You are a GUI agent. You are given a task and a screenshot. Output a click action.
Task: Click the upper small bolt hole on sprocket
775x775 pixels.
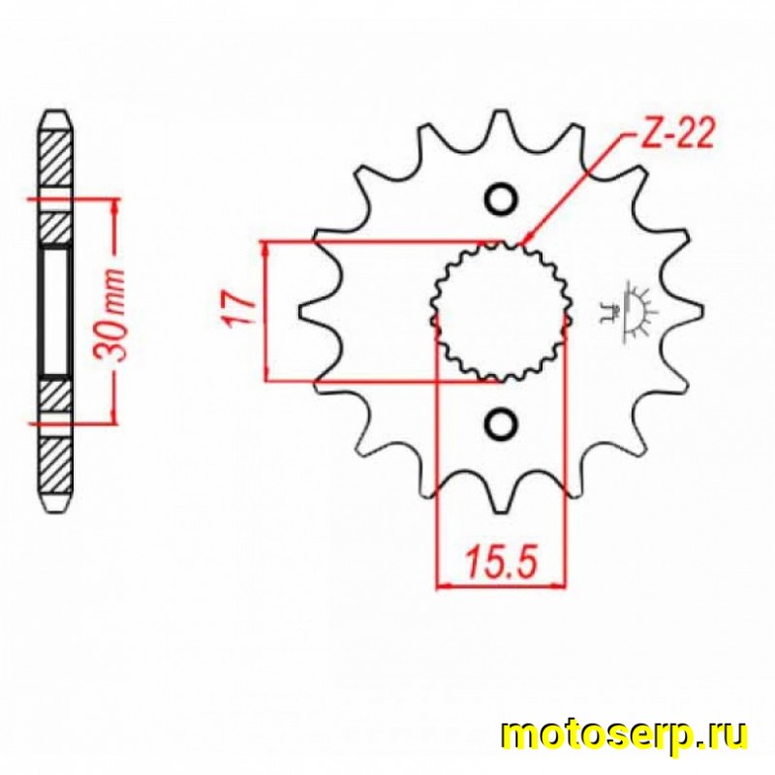501,198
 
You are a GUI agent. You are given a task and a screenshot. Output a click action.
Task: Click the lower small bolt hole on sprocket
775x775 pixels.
501,423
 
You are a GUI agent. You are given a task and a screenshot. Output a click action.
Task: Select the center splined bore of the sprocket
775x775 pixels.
500,311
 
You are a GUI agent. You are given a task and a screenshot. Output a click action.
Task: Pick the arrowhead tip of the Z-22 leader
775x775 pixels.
524,242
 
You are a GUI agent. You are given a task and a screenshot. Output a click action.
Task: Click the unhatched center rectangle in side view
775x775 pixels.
54,311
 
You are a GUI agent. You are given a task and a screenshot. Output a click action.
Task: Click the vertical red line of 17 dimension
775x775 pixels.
264,311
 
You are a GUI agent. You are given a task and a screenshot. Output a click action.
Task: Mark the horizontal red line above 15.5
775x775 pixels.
500,585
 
